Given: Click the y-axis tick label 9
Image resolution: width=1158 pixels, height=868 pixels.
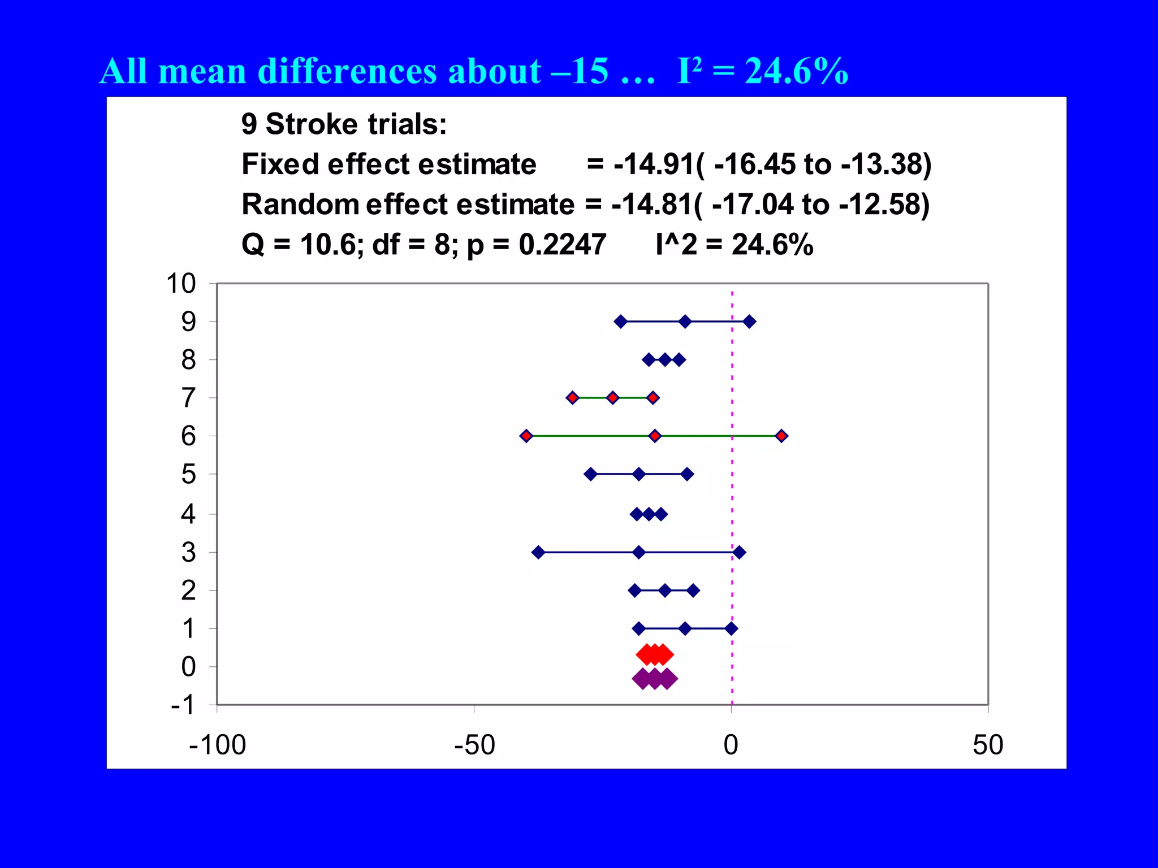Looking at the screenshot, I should pos(188,322).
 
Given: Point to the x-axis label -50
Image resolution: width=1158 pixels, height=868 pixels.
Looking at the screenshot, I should pos(474,745).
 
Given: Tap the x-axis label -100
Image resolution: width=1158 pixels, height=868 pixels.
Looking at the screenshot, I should pos(218,745).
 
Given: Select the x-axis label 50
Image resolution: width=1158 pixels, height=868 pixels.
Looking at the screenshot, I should pos(988,745).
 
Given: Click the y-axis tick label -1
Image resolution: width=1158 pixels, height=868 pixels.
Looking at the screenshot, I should pos(183,705).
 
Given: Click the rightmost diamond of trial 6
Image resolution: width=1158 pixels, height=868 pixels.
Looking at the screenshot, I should pos(781,436).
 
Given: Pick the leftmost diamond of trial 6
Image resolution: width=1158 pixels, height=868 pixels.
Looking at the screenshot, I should pos(526,436).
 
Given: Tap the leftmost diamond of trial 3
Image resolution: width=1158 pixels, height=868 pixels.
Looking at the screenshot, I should pos(538,552).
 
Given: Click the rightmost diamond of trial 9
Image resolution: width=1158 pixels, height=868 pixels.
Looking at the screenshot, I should pos(749,322).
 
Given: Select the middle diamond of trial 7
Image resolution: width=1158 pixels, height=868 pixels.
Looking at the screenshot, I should pos(612,398).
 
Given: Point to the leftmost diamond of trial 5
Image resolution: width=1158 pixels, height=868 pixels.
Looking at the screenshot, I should pos(590,474).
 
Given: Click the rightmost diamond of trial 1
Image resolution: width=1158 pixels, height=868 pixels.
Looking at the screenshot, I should pos(731,628).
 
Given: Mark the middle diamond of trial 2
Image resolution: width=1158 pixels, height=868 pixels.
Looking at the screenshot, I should pos(665,591).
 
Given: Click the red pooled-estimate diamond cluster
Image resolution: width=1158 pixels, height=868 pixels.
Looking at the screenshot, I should pos(655,655).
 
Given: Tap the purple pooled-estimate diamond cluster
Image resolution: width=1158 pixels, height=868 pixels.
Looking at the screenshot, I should pos(654,678).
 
